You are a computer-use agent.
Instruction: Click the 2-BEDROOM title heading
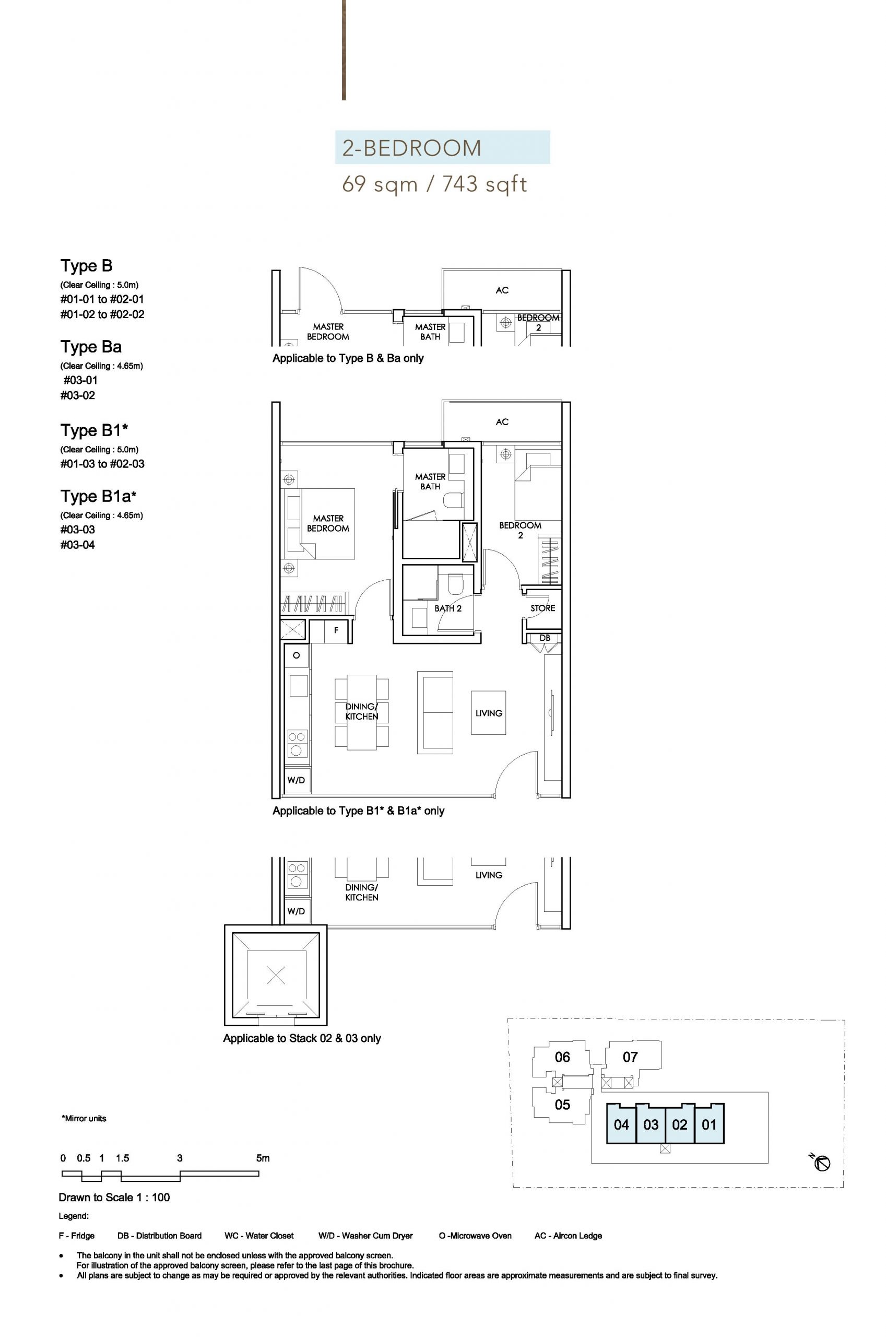(411, 148)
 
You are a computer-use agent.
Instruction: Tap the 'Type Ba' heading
(91, 346)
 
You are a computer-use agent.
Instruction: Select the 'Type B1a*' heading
(98, 496)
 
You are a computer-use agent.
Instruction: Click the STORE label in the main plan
(542, 608)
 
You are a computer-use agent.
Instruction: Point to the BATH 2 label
(448, 608)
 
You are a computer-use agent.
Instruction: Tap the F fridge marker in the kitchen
(336, 630)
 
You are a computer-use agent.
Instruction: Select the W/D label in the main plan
(296, 780)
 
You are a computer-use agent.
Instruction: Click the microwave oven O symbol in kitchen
(296, 655)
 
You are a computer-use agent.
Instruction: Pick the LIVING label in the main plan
(489, 713)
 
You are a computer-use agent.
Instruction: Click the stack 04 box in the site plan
(621, 1124)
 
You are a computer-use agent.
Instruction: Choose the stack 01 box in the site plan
(709, 1124)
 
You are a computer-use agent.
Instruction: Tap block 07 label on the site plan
(630, 1057)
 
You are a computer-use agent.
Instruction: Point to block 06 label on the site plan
(562, 1057)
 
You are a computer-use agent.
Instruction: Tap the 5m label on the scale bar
(263, 1158)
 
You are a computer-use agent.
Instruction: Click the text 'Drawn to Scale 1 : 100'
(114, 1197)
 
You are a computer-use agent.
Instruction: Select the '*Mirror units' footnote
(84, 1118)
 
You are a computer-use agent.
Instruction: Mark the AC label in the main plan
(502, 421)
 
